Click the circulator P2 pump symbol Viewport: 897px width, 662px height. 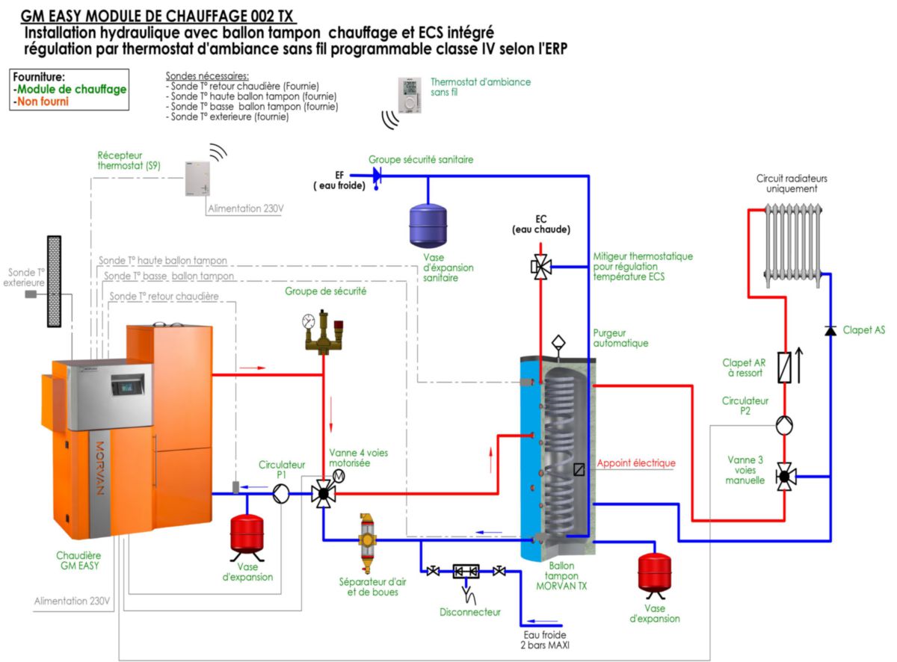(784, 426)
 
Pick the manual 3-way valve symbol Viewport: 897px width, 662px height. (784, 475)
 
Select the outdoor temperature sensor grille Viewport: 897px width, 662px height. (54, 281)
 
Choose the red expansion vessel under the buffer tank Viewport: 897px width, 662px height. (654, 572)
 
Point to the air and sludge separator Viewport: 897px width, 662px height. (368, 542)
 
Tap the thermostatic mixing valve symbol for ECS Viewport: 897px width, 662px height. (540, 266)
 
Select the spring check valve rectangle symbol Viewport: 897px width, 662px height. (784, 368)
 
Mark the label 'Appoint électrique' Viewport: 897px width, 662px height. (636, 463)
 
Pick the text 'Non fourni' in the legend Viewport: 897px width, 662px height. (42, 101)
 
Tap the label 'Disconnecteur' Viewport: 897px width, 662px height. (470, 613)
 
